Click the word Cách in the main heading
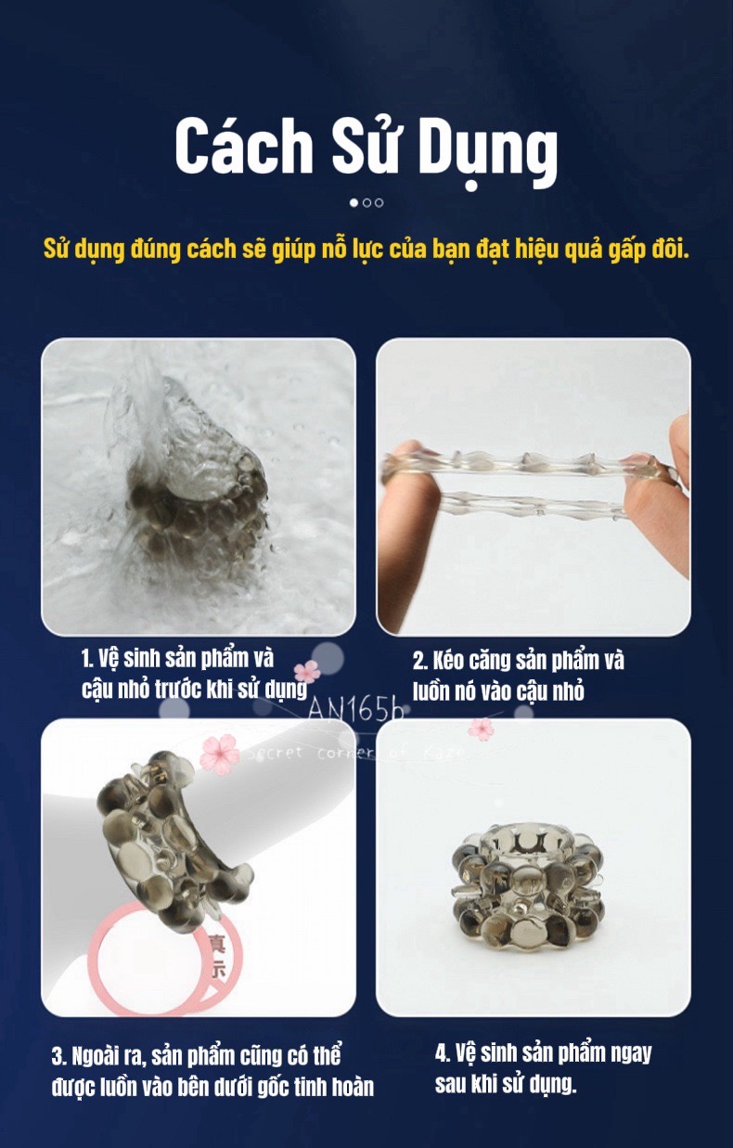243,146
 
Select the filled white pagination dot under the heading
354,202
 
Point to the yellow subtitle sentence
366,250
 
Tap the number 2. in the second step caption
419,661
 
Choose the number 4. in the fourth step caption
444,1053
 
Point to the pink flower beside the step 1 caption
307,671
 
